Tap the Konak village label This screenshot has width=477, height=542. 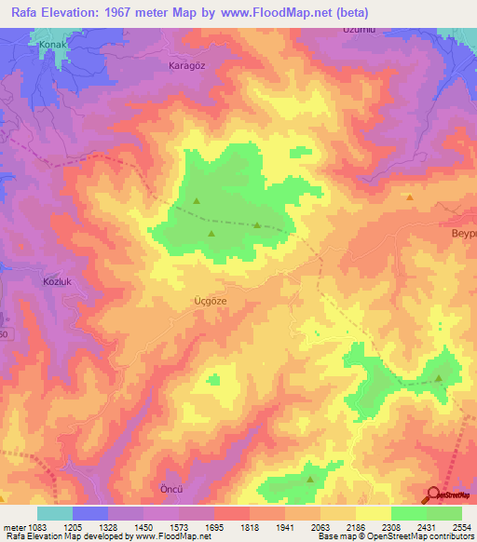(x=53, y=44)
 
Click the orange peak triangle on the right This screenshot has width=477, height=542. (x=410, y=197)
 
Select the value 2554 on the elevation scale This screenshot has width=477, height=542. (x=462, y=526)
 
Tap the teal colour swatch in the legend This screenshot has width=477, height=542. (x=54, y=513)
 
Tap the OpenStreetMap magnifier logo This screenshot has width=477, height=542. (x=433, y=495)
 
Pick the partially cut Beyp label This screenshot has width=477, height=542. (x=463, y=232)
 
